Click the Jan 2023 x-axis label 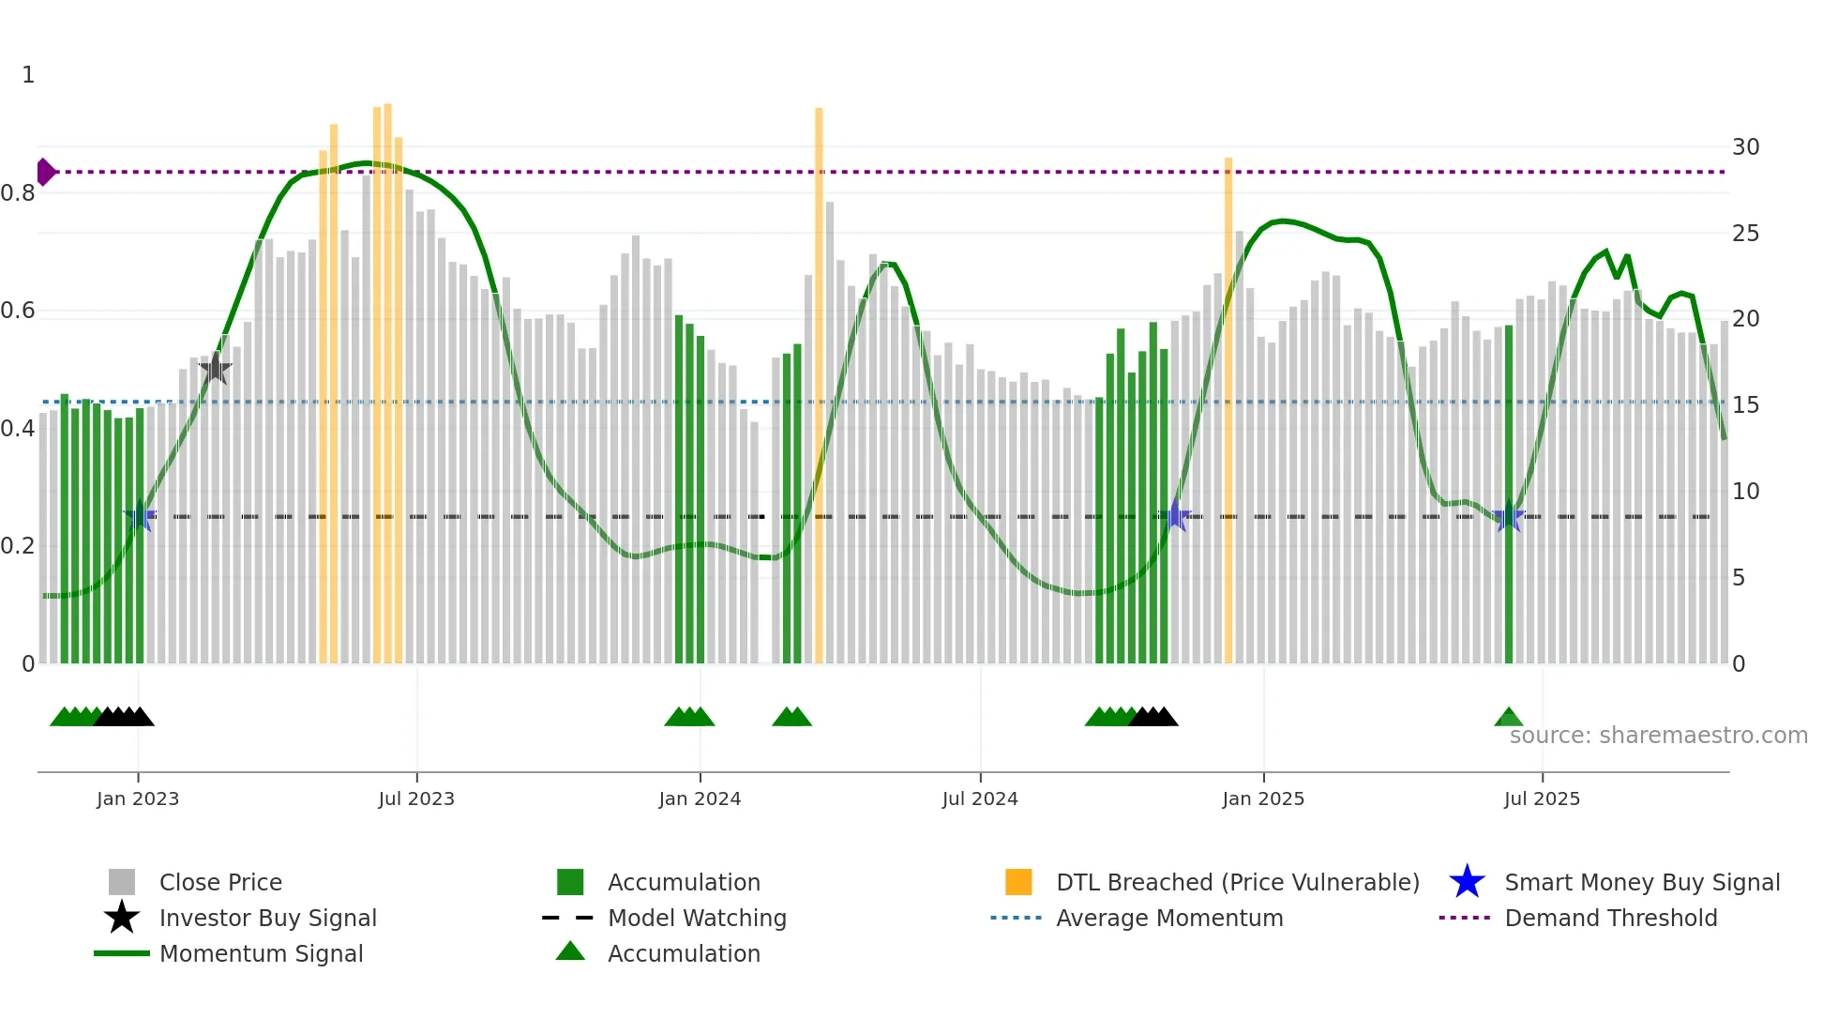[138, 798]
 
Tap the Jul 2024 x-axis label [980, 798]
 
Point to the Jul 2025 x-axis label [1542, 798]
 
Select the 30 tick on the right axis [1745, 147]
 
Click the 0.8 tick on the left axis [18, 193]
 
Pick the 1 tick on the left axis [28, 75]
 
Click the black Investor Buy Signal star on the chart [216, 368]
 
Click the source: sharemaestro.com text [1658, 736]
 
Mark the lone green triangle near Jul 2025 [1508, 718]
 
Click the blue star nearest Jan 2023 [140, 516]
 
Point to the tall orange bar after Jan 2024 [819, 385]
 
